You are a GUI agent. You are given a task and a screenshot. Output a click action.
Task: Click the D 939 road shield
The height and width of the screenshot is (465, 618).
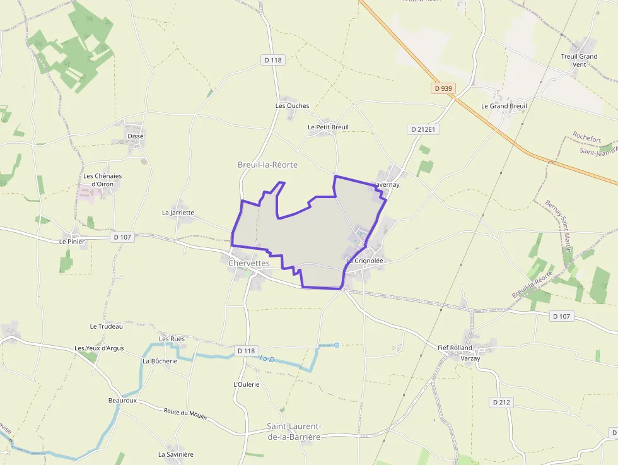coord(443,88)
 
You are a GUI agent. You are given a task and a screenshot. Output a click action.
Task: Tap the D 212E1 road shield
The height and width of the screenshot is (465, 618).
coord(423,129)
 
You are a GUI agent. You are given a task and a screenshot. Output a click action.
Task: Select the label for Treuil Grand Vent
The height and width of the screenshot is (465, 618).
coord(579,61)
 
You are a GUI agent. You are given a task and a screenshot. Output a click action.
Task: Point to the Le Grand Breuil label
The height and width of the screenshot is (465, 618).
coord(504,106)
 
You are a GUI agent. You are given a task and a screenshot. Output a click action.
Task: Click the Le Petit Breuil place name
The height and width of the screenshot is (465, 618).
coord(328,127)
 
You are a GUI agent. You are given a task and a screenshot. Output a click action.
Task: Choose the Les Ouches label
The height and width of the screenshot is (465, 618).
coord(293,105)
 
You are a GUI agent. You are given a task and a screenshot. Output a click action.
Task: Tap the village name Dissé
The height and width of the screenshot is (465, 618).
coord(136,136)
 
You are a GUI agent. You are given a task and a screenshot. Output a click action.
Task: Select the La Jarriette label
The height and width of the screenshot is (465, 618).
coord(178,213)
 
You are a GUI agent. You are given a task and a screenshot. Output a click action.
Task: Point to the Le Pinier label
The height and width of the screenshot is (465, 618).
coord(72,241)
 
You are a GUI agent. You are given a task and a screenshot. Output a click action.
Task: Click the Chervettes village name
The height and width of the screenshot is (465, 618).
coord(249,263)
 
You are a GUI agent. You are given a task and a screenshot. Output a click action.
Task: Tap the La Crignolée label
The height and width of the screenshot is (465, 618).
coord(365,260)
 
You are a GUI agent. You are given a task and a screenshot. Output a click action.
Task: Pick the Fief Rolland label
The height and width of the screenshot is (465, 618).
coord(455,348)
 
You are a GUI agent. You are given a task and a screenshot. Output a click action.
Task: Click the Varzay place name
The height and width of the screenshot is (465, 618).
coord(470,358)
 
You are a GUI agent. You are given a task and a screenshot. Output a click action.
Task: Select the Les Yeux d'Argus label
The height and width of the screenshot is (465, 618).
coord(99,348)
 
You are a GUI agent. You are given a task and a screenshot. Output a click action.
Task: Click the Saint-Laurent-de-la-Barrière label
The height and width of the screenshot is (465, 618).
coord(294,432)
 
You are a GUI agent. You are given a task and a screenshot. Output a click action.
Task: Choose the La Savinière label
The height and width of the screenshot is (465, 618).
coord(176,454)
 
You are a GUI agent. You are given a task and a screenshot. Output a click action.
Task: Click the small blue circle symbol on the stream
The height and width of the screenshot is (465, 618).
coord(337,345)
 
